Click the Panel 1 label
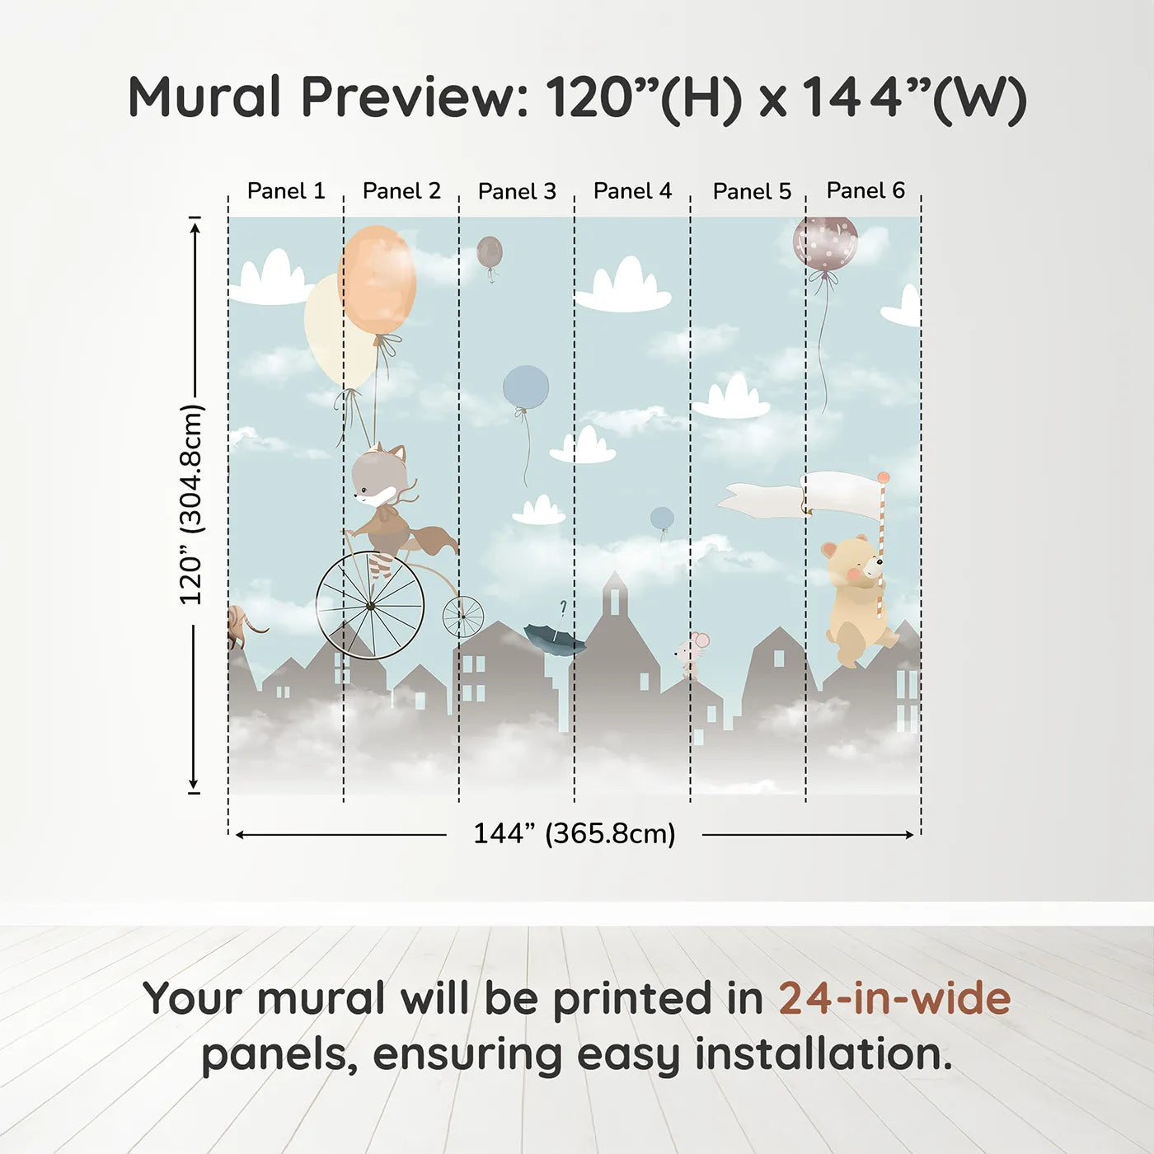pyautogui.click(x=286, y=191)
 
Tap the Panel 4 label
pyautogui.click(x=632, y=191)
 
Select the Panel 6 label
pyautogui.click(x=865, y=190)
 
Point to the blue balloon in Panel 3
pyautogui.click(x=526, y=387)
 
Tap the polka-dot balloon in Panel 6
pyautogui.click(x=825, y=242)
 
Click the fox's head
pyautogui.click(x=378, y=476)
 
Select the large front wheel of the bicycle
pyautogui.click(x=370, y=606)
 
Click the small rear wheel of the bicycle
pyautogui.click(x=463, y=617)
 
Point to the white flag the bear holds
pyautogui.click(x=841, y=494)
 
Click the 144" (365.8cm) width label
pyautogui.click(x=574, y=834)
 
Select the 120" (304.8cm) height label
pyautogui.click(x=191, y=504)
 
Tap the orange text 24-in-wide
pyautogui.click(x=894, y=998)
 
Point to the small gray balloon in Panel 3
pyautogui.click(x=490, y=252)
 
